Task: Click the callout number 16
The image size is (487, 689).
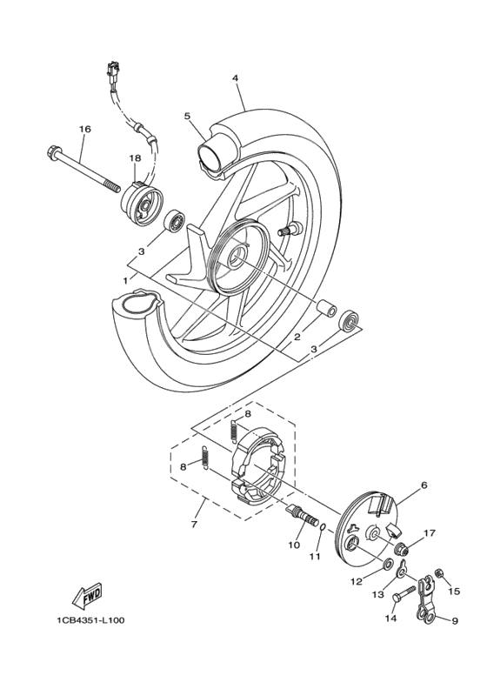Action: coord(84,130)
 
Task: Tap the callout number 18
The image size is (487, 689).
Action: coord(135,158)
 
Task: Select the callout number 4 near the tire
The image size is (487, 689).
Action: coord(235,78)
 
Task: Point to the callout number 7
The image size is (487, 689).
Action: coord(194,525)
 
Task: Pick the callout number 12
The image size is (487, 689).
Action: coord(356,581)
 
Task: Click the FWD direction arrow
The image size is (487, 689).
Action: coord(88,596)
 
